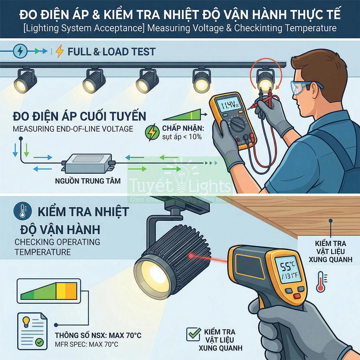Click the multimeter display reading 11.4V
click(x=227, y=106)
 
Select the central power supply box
click(x=88, y=162)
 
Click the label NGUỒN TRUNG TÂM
click(x=88, y=181)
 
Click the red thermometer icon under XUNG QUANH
click(x=320, y=282)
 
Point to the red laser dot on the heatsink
click(x=191, y=255)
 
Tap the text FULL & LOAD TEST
click(x=111, y=52)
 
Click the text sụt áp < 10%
click(x=182, y=137)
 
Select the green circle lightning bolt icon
click(x=152, y=132)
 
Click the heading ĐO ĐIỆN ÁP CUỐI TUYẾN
click(x=80, y=116)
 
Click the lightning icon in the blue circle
click(x=20, y=51)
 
